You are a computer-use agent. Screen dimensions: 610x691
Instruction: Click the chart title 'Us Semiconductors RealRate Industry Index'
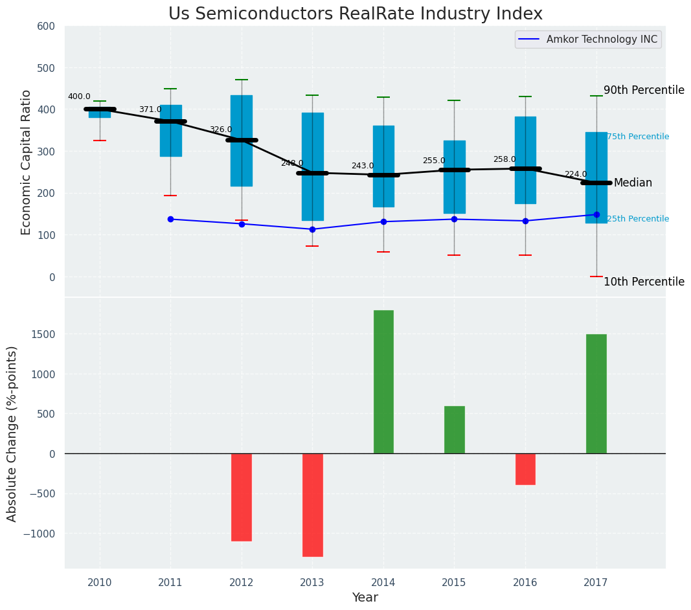(x=355, y=14)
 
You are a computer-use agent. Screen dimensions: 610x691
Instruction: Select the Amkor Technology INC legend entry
(x=602, y=40)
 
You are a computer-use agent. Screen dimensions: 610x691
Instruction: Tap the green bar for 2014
(x=383, y=382)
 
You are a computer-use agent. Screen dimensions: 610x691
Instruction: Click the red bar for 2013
(x=312, y=504)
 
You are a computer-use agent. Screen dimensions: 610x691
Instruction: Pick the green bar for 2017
(x=596, y=394)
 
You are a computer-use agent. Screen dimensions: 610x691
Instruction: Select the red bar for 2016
(x=525, y=469)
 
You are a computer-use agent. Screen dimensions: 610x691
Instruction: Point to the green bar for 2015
(x=454, y=429)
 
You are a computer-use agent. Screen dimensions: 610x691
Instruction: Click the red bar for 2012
(x=242, y=497)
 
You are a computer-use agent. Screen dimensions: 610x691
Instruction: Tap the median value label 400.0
(x=79, y=97)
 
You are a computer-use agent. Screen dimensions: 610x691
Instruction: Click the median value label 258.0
(x=504, y=159)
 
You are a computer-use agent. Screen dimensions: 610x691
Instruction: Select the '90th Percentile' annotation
(x=644, y=90)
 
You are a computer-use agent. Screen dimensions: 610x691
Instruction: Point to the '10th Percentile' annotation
(x=644, y=282)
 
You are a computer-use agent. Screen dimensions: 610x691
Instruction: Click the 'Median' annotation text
(x=633, y=183)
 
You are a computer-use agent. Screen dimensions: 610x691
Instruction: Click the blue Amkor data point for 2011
(x=170, y=219)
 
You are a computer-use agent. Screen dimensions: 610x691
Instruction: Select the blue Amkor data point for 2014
(x=383, y=221)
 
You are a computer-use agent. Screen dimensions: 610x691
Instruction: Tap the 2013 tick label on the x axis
(x=312, y=583)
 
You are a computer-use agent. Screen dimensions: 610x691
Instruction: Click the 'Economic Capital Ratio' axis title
(x=27, y=162)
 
